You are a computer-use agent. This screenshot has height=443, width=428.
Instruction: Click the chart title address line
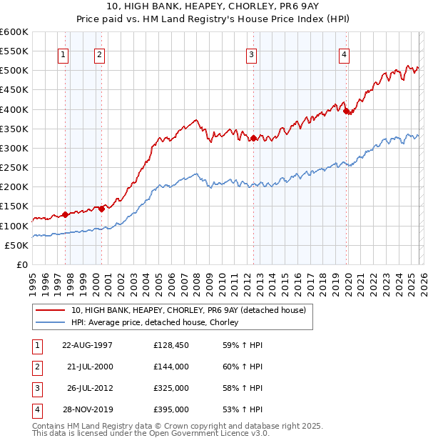[x=214, y=7]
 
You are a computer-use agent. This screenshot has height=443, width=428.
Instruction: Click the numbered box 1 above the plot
[x=63, y=54]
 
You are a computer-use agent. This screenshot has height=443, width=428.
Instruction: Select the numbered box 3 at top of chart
[x=252, y=54]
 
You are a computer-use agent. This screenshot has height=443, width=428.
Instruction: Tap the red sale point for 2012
[x=253, y=139]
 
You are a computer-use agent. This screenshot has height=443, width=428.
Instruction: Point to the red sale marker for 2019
[x=346, y=111]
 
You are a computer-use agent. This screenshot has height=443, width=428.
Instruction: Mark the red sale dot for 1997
[x=65, y=214]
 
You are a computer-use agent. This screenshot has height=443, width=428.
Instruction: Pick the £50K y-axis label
[x=16, y=245]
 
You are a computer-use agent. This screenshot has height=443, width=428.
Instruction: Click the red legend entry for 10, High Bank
[x=188, y=310]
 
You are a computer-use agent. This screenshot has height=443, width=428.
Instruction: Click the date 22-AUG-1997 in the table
[x=88, y=345]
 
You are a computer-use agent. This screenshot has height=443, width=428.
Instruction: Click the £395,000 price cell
[x=171, y=409]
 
